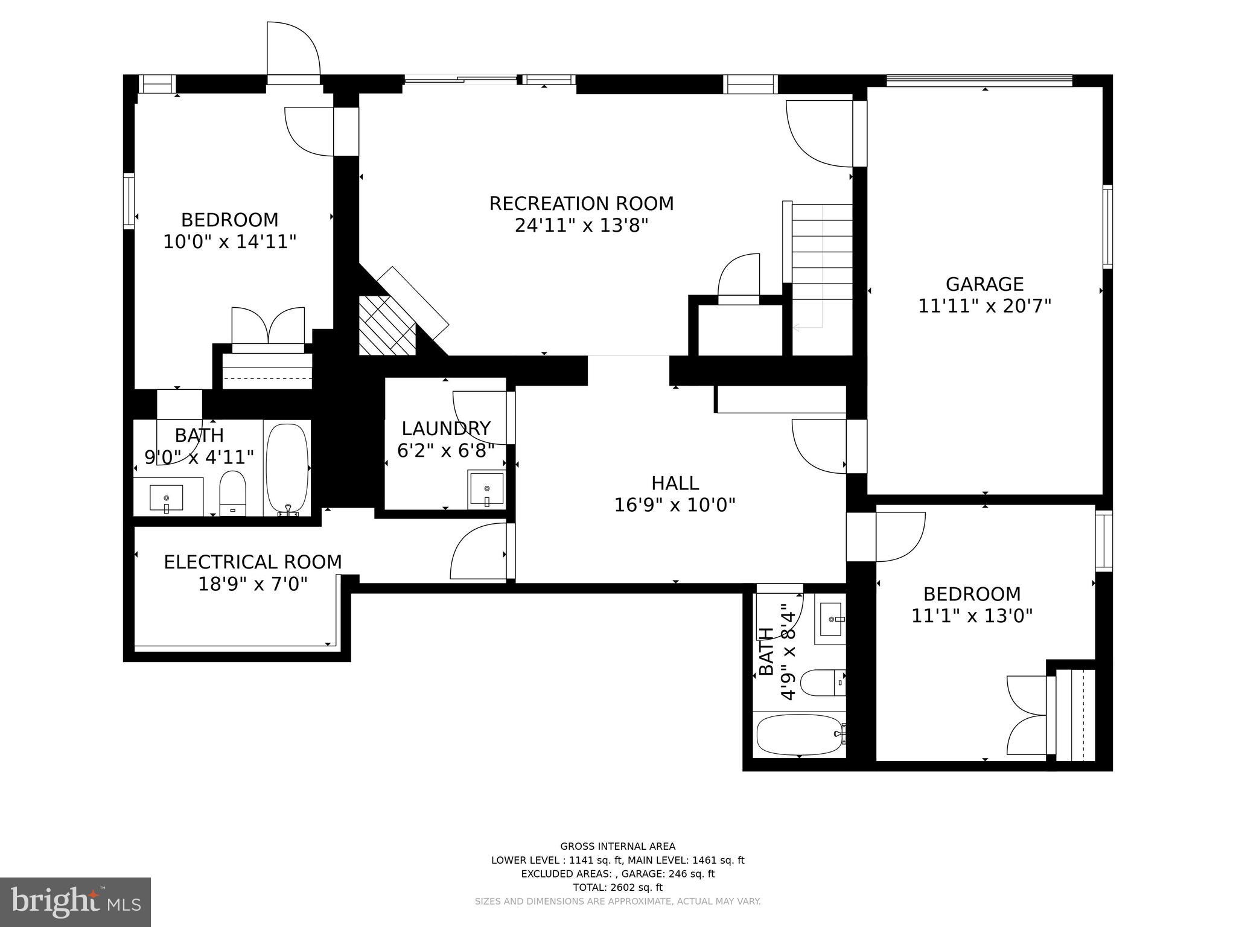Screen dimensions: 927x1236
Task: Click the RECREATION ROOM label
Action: (581, 204)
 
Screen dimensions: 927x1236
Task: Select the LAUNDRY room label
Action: (446, 428)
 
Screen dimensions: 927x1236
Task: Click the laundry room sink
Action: (486, 489)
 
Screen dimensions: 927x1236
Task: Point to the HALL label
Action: (675, 483)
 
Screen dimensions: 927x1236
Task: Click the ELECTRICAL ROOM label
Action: (253, 562)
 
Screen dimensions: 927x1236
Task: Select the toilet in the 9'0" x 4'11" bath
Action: (232, 492)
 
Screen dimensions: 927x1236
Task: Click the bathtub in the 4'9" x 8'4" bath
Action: (798, 734)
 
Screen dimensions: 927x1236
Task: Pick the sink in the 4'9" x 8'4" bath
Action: (831, 619)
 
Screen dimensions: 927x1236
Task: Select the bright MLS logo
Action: (75, 902)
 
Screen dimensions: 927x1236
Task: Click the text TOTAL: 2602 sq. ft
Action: (617, 887)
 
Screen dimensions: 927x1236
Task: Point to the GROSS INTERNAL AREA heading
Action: (617, 846)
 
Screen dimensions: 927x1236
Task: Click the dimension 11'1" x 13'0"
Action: (972, 616)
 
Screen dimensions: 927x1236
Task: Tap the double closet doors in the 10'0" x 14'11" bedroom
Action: (268, 327)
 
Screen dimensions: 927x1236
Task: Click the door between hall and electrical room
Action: (480, 551)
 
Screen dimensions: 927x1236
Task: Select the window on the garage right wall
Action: (1107, 226)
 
